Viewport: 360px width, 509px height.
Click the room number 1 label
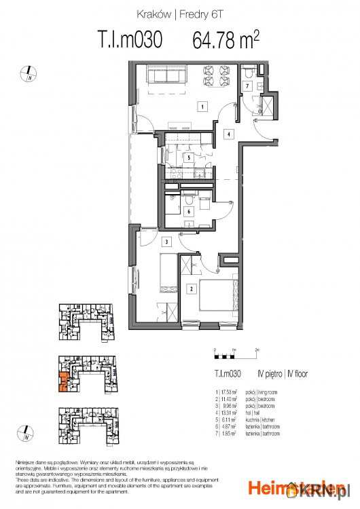[x=202, y=107]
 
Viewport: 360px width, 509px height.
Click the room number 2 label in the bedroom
[x=192, y=290]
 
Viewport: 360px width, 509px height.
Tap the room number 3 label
[x=166, y=242]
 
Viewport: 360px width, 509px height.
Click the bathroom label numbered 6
[x=188, y=211]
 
